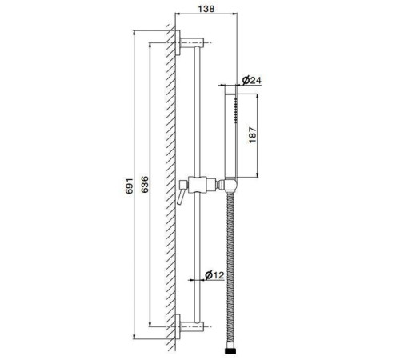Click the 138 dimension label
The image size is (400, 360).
206,9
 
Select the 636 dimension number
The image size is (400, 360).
145,184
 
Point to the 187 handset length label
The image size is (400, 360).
253,135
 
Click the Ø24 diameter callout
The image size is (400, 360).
252,80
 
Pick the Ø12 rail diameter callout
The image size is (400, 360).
214,274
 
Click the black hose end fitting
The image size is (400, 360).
230,350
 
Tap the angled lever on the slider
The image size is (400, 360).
181,196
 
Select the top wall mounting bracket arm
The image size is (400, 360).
192,42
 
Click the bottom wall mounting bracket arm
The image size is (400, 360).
192,326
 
